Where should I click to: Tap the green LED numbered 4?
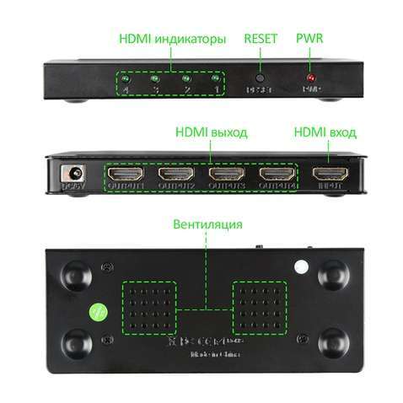pyautogui.click(x=126, y=78)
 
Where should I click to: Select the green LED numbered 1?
pyautogui.click(x=216, y=78)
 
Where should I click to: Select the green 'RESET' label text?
pyautogui.click(x=260, y=39)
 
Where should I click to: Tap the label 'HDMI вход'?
pyautogui.click(x=325, y=133)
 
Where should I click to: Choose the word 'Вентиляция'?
pyautogui.click(x=207, y=224)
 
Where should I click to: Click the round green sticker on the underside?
pyautogui.click(x=97, y=310)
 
